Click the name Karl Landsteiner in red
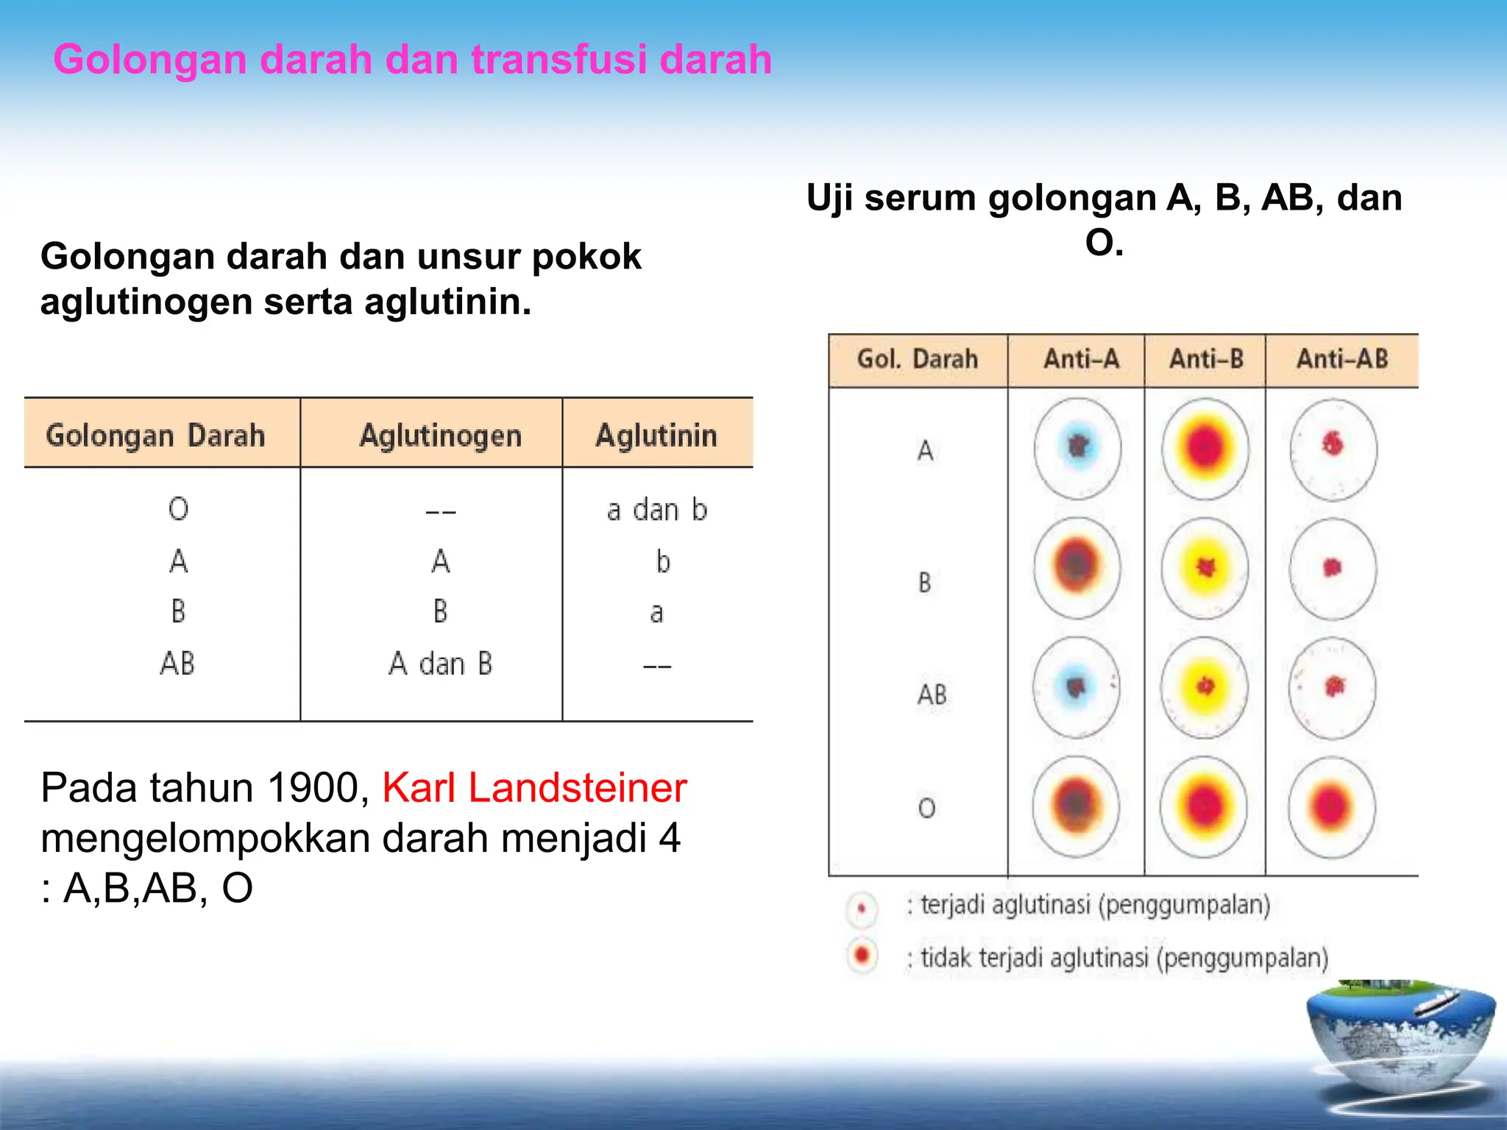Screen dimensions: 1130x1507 point(534,788)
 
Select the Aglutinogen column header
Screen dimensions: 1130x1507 point(440,436)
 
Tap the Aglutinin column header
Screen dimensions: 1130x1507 point(656,436)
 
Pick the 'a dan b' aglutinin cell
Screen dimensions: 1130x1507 point(656,510)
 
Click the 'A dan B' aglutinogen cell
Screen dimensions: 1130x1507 point(440,664)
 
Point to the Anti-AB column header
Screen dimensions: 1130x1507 point(1341,359)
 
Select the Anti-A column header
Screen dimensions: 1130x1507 point(1081,359)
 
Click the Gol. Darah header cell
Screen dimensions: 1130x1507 point(917,359)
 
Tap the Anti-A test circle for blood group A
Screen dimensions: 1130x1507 point(1078,448)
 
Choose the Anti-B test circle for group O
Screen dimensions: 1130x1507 point(1205,806)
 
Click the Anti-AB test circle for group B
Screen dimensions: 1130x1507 point(1333,568)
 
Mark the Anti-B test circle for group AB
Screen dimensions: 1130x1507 point(1205,687)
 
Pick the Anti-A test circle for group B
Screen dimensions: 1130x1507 point(1077,566)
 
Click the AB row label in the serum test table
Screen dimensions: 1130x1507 point(931,694)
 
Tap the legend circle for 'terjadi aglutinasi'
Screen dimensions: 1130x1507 point(862,908)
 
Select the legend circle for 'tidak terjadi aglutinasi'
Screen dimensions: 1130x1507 point(862,956)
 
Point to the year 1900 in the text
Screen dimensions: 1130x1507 point(313,788)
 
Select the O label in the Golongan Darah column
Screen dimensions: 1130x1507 point(178,509)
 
